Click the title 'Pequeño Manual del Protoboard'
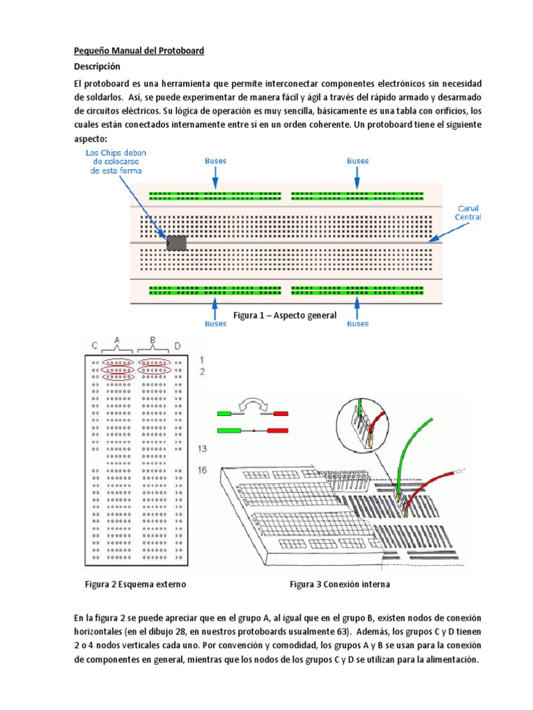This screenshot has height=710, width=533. pyautogui.click(x=139, y=51)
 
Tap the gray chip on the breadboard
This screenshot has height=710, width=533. pyautogui.click(x=176, y=242)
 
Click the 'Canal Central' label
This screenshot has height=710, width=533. pyautogui.click(x=467, y=212)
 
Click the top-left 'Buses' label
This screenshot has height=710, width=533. pyautogui.click(x=215, y=161)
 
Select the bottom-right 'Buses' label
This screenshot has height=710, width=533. pyautogui.click(x=357, y=323)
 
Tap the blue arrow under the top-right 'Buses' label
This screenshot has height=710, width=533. pyautogui.click(x=357, y=178)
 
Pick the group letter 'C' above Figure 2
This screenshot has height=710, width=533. pyautogui.click(x=94, y=345)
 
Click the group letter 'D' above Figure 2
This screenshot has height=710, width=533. pyautogui.click(x=178, y=345)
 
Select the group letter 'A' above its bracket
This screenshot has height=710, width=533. pyautogui.click(x=117, y=339)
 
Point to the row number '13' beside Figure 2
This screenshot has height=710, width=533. pyautogui.click(x=202, y=449)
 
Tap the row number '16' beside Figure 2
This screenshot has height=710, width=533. pyautogui.click(x=202, y=471)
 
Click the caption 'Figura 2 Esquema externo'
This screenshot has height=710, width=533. pyautogui.click(x=135, y=585)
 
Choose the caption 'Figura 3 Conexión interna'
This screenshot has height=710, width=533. pyautogui.click(x=339, y=585)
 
